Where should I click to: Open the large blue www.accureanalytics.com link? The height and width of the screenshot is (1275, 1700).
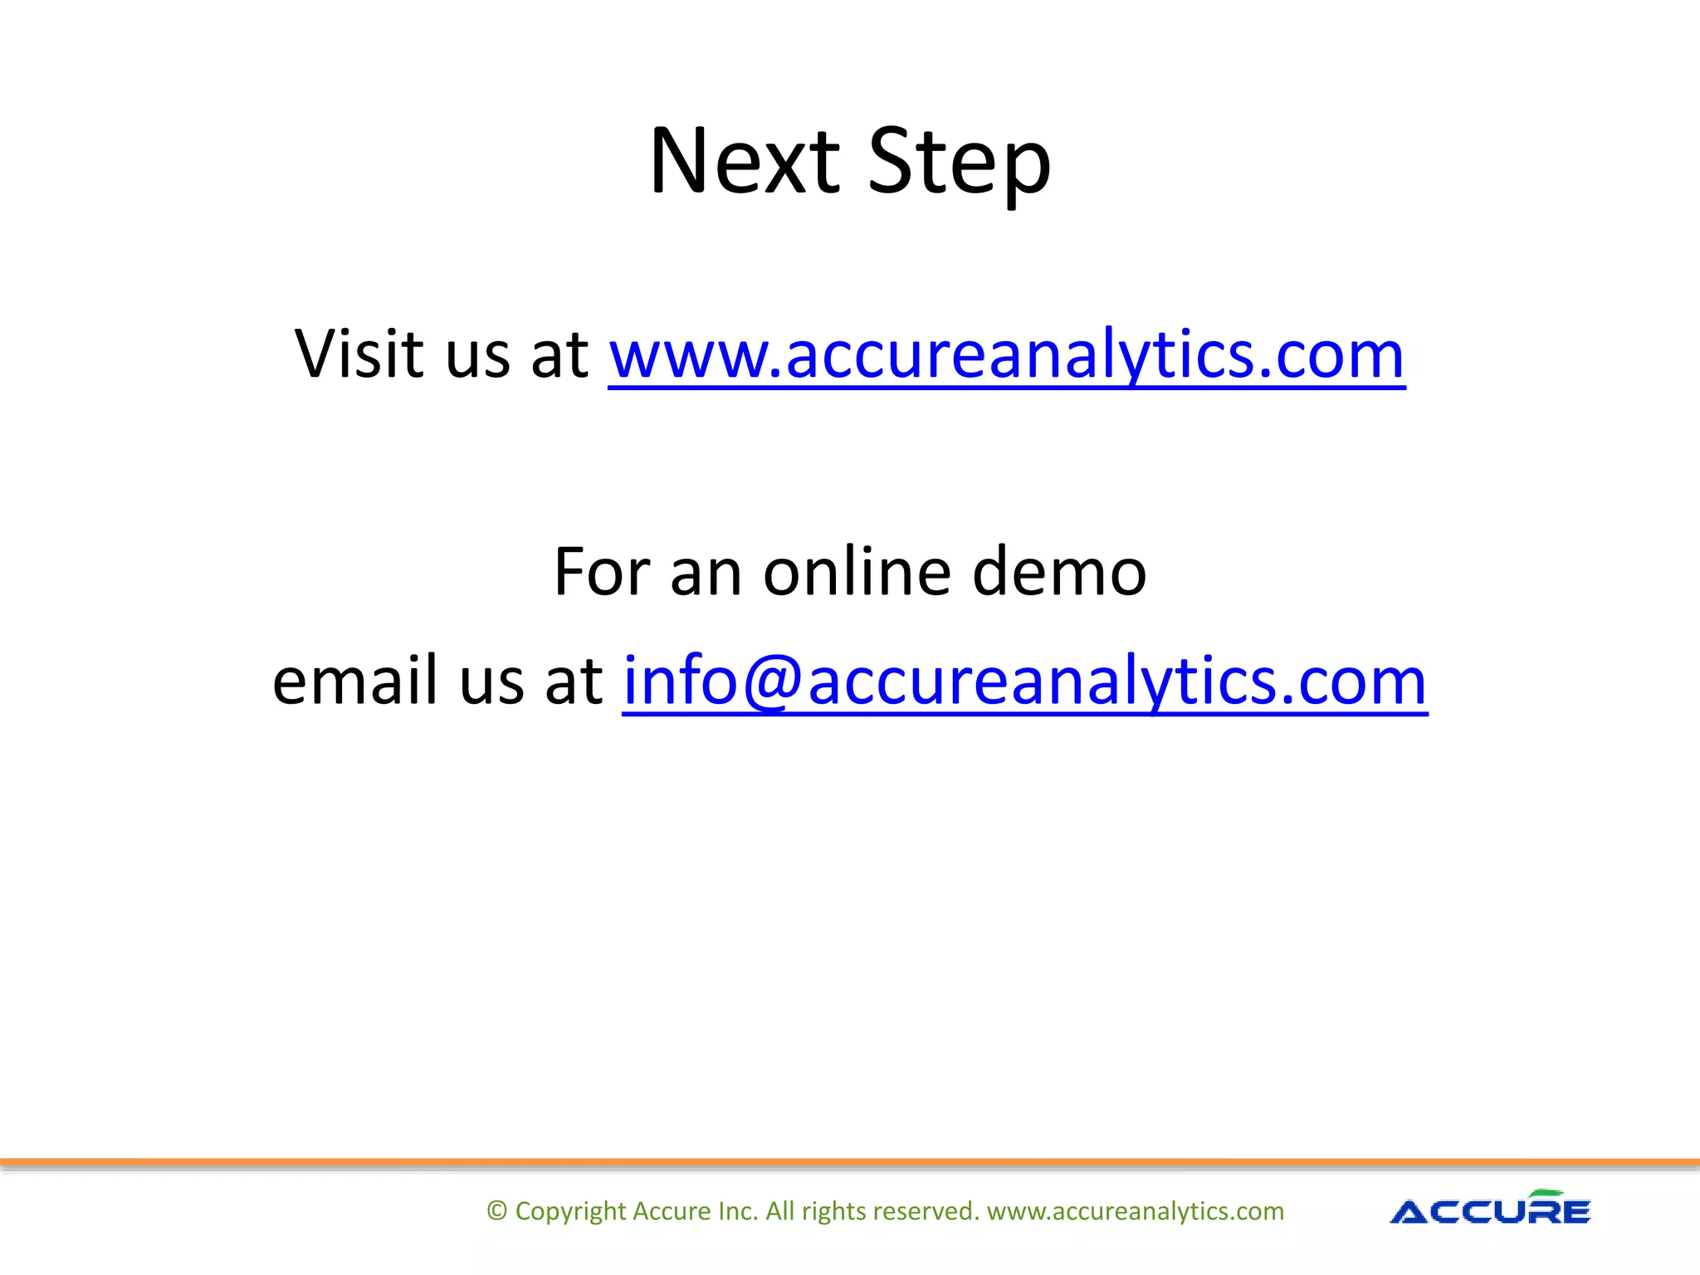point(1006,355)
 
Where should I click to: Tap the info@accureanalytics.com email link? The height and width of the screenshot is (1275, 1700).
point(1024,681)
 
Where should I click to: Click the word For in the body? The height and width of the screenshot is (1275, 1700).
point(601,572)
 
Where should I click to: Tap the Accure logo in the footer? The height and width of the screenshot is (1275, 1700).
point(1490,1210)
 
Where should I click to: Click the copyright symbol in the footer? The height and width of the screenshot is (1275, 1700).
point(496,1211)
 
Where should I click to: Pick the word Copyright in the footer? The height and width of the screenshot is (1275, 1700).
point(570,1212)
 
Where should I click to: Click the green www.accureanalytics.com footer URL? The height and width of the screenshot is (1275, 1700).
point(1135,1211)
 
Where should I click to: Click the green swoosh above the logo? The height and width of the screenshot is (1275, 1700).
point(1547,1194)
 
